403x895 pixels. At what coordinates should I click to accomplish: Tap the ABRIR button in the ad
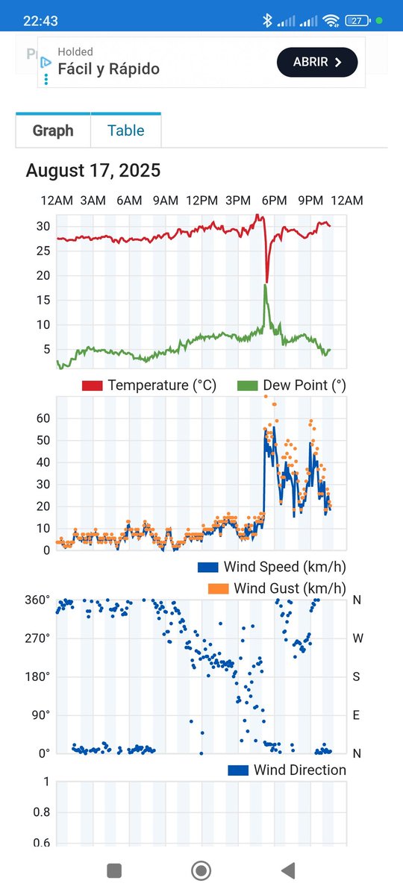[317, 63]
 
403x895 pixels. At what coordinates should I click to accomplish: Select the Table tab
[125, 131]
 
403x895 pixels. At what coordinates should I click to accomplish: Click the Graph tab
[53, 131]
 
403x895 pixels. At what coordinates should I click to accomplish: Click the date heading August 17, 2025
[93, 171]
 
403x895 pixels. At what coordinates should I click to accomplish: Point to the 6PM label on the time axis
[274, 201]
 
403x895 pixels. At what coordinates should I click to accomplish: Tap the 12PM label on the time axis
[201, 201]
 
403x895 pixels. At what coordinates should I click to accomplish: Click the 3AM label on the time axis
[93, 201]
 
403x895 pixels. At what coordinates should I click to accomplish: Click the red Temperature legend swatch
[92, 386]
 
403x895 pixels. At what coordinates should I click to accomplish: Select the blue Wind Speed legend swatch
[207, 567]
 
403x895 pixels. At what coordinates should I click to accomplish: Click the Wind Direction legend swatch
[238, 770]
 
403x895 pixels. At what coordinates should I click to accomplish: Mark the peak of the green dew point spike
[266, 285]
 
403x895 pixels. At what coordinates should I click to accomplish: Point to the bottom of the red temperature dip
[267, 281]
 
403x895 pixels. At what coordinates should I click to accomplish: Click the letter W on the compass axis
[357, 638]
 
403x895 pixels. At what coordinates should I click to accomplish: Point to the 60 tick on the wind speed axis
[43, 418]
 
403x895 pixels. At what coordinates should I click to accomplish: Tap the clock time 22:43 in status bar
[40, 21]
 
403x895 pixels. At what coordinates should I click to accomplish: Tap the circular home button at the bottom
[201, 870]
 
